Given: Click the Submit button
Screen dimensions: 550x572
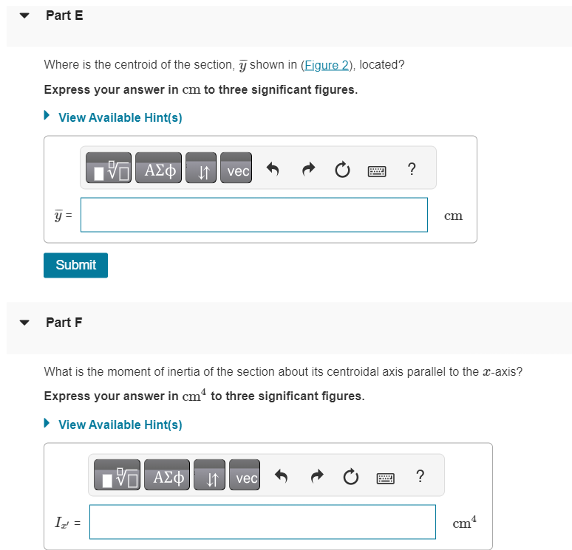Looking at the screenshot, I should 75,265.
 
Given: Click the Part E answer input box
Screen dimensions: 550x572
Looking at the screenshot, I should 253,215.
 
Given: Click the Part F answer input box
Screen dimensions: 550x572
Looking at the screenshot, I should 262,522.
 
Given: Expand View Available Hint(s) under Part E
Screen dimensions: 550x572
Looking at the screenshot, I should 120,117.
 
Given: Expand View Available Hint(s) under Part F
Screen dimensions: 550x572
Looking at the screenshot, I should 120,424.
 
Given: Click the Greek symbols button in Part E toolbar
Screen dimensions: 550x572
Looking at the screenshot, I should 160,170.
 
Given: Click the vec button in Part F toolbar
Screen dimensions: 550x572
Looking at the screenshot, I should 247,478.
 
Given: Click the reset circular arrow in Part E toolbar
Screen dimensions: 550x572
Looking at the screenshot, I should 341,171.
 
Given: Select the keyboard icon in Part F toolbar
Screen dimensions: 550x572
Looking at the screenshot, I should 385,478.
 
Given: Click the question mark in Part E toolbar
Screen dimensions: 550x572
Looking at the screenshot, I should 411,170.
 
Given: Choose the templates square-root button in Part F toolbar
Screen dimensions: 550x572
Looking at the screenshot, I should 117,478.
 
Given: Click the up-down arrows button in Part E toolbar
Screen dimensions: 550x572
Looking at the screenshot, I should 201,171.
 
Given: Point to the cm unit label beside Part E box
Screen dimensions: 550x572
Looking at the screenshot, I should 453,216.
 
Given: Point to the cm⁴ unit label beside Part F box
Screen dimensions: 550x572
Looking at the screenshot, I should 464,523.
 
